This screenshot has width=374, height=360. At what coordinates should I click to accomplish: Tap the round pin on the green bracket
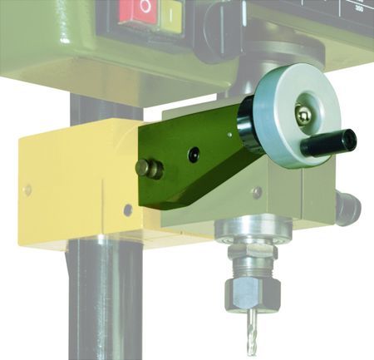pyautogui.click(x=151, y=168)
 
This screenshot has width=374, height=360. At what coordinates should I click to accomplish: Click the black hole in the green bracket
pyautogui.click(x=194, y=155)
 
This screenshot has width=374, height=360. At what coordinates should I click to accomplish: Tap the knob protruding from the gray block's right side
pyautogui.click(x=348, y=205)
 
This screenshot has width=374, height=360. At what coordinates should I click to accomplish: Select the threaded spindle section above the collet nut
pyautogui.click(x=252, y=263)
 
